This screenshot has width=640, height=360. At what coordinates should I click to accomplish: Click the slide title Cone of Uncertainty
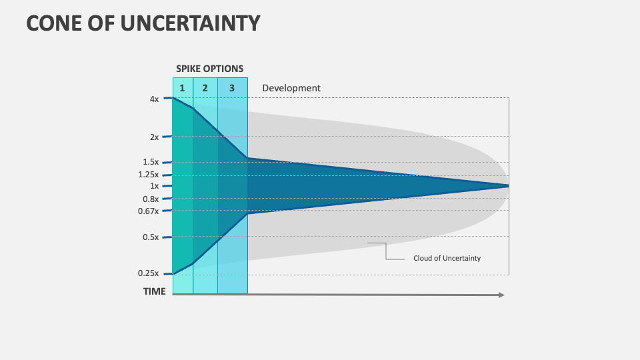pos(143,23)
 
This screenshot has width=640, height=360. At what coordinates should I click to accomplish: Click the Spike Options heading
pos(209,69)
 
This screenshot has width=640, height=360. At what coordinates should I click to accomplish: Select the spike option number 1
pos(182,88)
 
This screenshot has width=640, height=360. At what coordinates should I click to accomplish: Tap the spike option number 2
pos(205,88)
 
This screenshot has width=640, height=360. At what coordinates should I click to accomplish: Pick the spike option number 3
pos(231,88)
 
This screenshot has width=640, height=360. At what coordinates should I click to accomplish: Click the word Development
pos(291,88)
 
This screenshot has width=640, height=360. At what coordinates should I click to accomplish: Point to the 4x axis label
pos(154,99)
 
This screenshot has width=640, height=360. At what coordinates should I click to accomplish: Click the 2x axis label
pos(154,137)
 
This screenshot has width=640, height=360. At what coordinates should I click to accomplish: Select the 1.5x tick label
pos(151,162)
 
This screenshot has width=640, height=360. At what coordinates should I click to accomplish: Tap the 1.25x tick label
pos(149,175)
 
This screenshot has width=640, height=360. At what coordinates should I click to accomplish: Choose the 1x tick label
pos(154,186)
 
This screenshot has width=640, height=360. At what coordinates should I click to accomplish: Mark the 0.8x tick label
pos(151,199)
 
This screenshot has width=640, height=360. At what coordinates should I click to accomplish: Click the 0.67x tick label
pos(149,211)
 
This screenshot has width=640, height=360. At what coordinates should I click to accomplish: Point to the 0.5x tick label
pos(151,237)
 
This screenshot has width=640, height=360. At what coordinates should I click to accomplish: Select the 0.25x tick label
pos(149,273)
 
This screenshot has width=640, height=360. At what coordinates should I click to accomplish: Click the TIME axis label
pos(154,291)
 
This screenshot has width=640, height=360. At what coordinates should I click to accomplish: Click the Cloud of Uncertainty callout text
pos(447,258)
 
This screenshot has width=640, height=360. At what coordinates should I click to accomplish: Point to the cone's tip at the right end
pos(508,186)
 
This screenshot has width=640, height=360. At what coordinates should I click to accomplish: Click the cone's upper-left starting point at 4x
pos(173,99)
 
